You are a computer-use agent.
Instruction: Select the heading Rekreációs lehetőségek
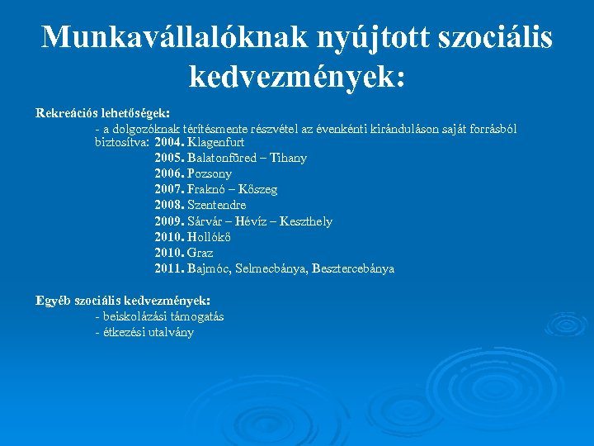[103, 112]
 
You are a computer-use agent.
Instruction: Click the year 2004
[169, 142]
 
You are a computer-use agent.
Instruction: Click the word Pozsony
[210, 173]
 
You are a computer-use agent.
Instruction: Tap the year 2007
[169, 189]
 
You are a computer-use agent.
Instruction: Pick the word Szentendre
[217, 205]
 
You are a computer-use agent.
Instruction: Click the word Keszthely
[306, 221]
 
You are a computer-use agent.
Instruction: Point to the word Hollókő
[210, 237]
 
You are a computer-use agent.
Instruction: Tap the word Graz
[200, 253]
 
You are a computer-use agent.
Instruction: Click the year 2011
[169, 268]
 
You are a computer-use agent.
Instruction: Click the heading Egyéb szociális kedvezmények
[123, 301]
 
